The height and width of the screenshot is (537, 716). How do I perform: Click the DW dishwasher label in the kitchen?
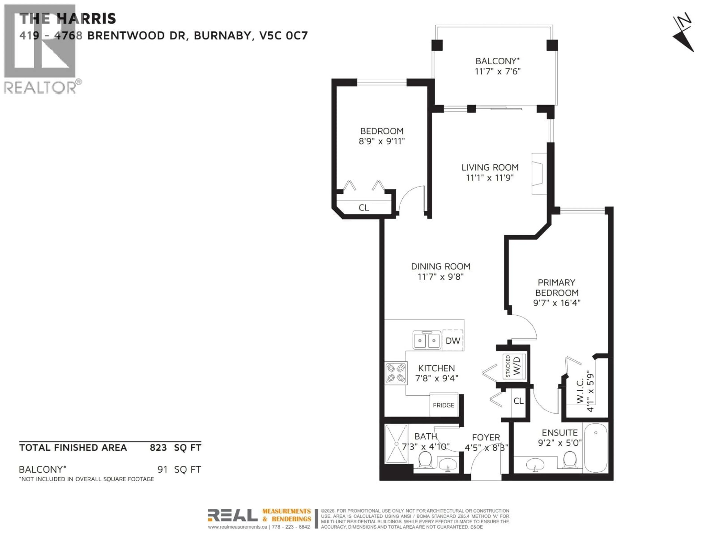tap(453, 340)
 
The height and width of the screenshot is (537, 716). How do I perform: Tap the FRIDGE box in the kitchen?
tap(443, 405)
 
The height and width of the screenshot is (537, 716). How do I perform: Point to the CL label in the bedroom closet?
tap(364, 208)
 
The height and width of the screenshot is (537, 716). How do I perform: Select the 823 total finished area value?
tap(158, 448)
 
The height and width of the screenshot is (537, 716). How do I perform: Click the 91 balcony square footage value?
tap(162, 469)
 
